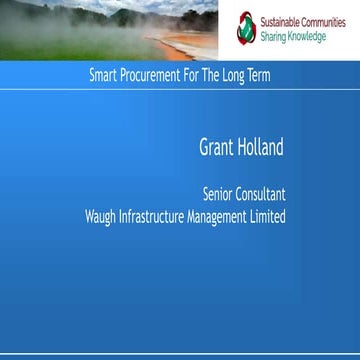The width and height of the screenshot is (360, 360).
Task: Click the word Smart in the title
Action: pos(104,75)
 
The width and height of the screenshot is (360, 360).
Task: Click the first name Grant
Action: pos(215,148)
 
